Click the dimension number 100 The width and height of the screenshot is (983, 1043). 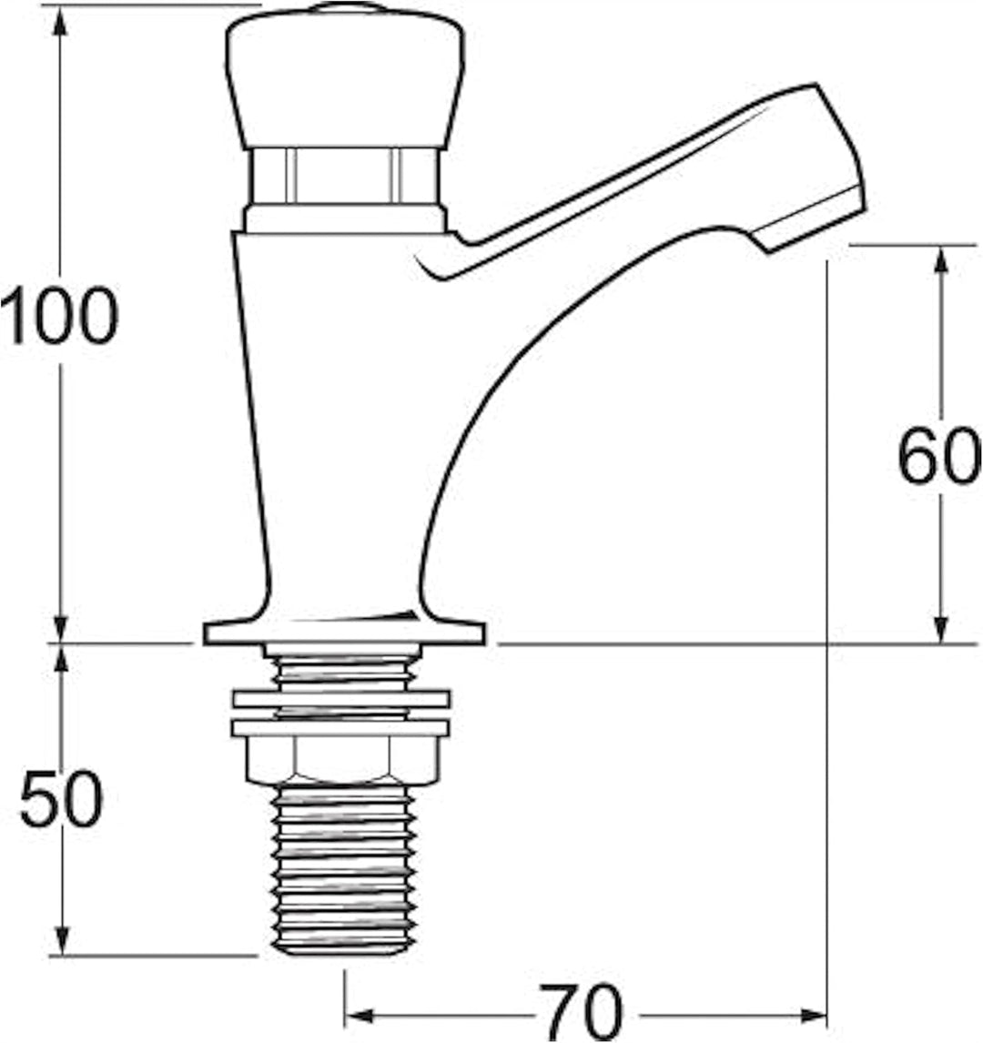pyautogui.click(x=59, y=315)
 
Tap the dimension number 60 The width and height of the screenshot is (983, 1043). pyautogui.click(x=938, y=455)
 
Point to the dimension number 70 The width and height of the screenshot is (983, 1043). pyautogui.click(x=581, y=1013)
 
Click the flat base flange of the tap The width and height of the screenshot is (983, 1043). pyautogui.click(x=344, y=633)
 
